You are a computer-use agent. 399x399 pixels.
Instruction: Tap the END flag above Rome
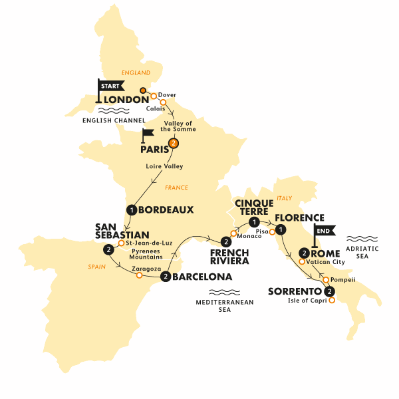tap(324, 231)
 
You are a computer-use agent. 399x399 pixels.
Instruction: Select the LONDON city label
tap(127, 100)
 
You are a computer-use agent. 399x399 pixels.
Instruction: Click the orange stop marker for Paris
tap(174, 143)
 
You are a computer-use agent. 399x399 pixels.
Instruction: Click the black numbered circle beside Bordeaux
tap(132, 210)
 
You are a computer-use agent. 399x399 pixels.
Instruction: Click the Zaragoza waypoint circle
tap(138, 275)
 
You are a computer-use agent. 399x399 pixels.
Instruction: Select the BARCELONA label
tap(202, 277)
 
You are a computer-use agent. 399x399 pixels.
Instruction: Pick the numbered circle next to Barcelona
tap(164, 277)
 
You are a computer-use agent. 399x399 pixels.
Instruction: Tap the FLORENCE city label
tap(301, 217)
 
